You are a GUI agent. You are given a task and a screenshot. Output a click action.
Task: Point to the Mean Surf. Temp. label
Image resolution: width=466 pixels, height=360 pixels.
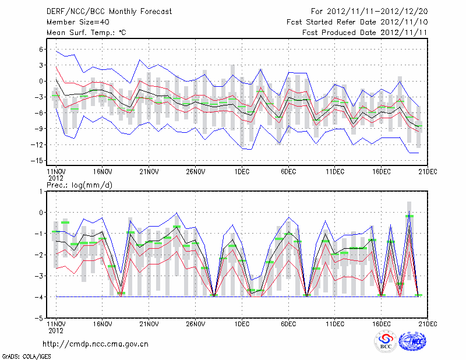point(86,33)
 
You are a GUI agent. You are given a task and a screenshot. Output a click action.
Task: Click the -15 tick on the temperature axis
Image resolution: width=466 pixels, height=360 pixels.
point(38,160)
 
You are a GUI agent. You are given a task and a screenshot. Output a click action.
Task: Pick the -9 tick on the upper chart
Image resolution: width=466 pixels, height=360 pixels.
point(40,129)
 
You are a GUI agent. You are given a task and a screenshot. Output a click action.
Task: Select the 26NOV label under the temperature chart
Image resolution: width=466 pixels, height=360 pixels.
point(196,172)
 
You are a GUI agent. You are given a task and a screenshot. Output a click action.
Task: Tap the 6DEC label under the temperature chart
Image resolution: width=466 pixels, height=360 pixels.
point(288,172)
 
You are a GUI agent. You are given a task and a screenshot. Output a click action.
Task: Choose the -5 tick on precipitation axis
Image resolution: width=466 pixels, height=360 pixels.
point(40,319)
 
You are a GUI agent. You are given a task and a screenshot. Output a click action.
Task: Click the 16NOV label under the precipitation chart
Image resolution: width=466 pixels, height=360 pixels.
point(103,323)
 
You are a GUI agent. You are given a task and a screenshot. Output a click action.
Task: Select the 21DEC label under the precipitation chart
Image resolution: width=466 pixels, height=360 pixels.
point(428,323)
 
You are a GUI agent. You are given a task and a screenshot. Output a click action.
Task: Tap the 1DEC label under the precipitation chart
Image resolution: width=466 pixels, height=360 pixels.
point(242,323)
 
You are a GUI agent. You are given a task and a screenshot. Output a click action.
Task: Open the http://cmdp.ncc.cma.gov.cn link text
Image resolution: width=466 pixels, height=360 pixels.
point(96,344)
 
